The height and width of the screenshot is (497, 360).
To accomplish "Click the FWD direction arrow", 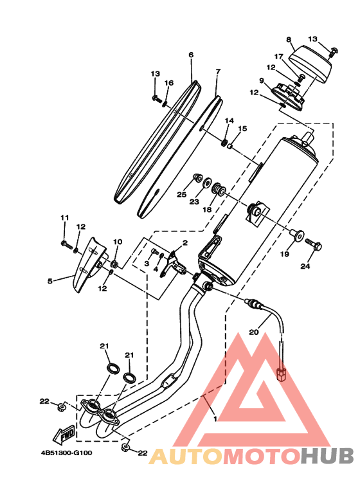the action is (64, 435).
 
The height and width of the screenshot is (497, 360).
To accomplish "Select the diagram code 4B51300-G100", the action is (67, 453).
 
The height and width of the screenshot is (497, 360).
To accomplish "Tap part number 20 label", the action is (253, 332).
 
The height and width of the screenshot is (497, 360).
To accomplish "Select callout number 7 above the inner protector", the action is (218, 71).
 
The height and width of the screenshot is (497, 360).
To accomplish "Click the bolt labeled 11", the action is (67, 244).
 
